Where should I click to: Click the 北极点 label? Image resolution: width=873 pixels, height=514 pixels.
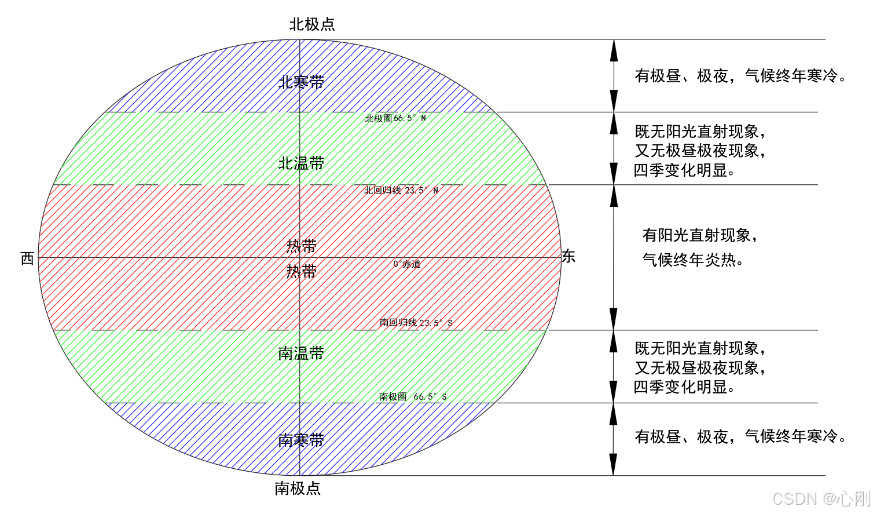tap(312, 24)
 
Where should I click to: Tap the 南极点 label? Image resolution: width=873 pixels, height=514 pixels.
tap(298, 489)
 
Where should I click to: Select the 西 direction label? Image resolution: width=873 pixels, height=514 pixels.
tap(27, 258)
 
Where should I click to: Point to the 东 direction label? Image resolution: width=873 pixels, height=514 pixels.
tap(568, 257)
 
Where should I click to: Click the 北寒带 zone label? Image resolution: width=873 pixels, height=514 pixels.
tap(301, 82)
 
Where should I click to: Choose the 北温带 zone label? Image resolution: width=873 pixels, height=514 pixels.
tap(301, 163)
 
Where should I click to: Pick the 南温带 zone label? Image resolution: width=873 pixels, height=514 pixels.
tap(301, 353)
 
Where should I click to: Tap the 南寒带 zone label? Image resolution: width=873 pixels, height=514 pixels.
tap(301, 440)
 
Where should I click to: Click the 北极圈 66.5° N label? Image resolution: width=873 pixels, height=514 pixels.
tap(395, 118)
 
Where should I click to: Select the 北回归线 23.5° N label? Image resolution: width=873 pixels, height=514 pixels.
tap(401, 191)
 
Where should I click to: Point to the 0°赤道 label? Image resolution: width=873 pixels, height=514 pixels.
tap(407, 264)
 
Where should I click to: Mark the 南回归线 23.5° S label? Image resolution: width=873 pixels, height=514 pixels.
tap(416, 323)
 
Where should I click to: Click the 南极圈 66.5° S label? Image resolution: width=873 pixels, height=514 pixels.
tap(413, 397)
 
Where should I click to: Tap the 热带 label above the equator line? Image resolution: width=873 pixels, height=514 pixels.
tap(301, 246)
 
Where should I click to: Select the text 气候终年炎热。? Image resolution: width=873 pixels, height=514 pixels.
tap(693, 260)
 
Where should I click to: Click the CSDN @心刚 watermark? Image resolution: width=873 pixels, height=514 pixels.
tap(821, 498)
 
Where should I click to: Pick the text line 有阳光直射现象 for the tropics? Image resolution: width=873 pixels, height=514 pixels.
tap(699, 235)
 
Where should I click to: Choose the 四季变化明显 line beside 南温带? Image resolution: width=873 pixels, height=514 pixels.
tap(684, 387)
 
